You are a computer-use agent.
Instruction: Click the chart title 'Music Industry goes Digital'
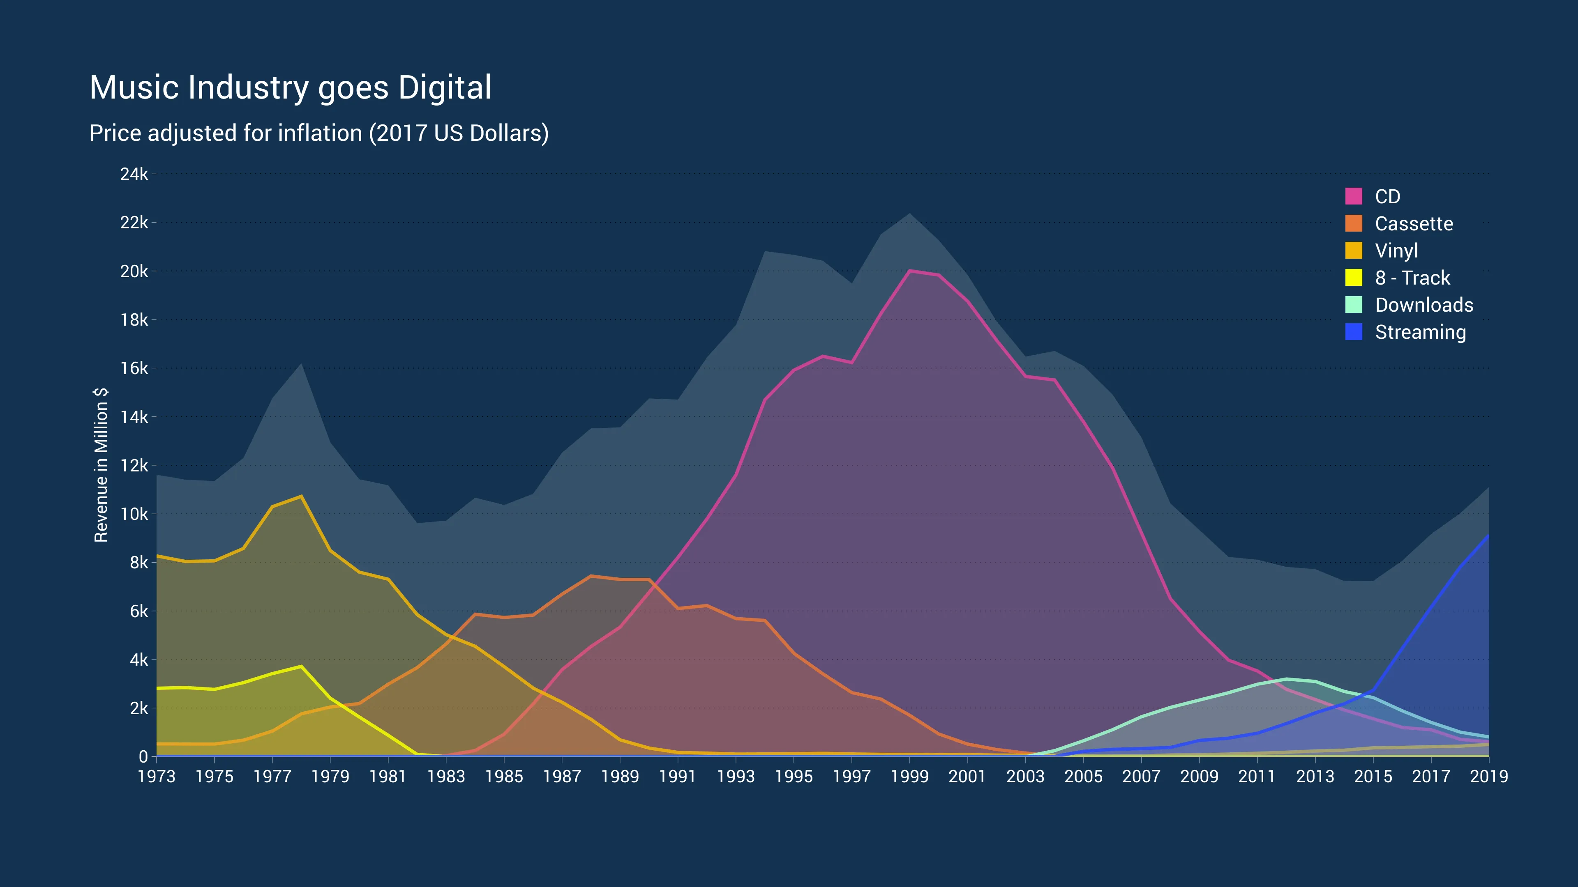click(291, 87)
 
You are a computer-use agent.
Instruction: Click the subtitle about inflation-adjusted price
click(318, 133)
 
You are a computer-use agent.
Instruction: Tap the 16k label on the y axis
click(134, 368)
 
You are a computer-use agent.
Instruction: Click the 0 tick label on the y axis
click(143, 756)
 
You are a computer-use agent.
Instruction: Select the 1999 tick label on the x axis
click(910, 777)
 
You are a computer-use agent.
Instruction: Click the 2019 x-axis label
click(1488, 777)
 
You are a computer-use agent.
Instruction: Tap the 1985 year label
click(504, 777)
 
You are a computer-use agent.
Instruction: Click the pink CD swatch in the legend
click(1354, 197)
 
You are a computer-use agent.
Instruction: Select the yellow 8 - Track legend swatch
click(1354, 278)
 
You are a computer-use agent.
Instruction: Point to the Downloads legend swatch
click(1354, 305)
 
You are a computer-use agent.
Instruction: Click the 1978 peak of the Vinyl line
click(301, 496)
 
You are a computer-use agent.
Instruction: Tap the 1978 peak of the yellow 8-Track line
click(301, 666)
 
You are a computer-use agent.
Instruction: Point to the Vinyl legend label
click(1397, 250)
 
